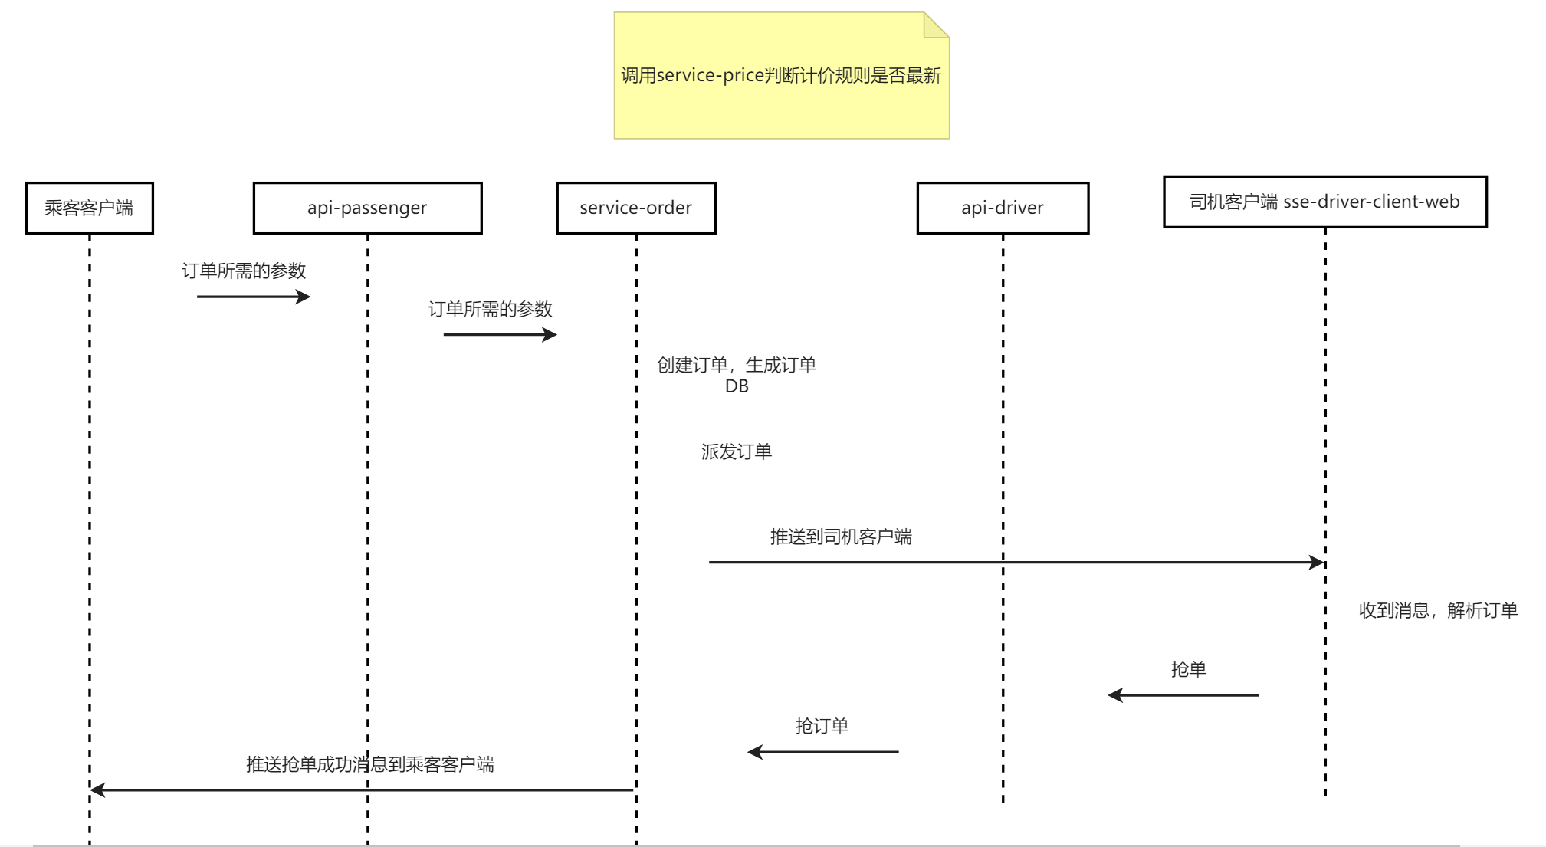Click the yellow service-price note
point(781,76)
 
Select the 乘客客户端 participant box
point(90,208)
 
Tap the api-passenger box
point(367,208)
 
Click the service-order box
point(636,208)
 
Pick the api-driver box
point(1003,208)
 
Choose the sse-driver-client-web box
point(1324,202)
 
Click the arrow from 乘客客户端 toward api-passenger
point(253,297)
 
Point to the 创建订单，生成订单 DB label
point(737,375)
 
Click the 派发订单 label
point(737,451)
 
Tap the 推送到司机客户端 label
point(841,537)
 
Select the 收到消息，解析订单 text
point(1438,610)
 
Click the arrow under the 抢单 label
point(1183,695)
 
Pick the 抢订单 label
point(822,726)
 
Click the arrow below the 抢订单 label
point(823,752)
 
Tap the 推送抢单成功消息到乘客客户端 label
point(369,764)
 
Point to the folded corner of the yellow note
point(935,25)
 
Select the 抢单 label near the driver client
point(1189,669)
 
